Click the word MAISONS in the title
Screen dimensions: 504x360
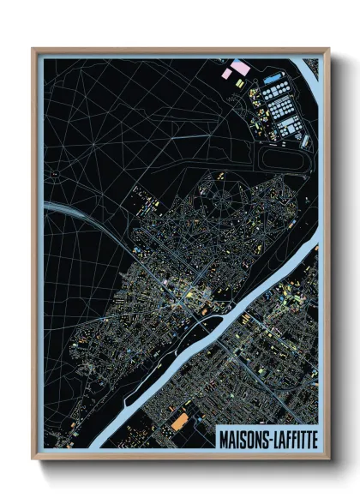coord(243,438)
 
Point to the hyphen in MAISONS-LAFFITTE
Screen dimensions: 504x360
coord(266,438)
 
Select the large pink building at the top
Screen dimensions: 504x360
coord(241,66)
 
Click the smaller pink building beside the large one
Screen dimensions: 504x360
coord(226,74)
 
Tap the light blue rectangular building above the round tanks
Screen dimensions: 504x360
coord(273,80)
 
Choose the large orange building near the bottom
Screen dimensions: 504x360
coord(179,422)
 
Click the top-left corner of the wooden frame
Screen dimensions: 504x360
coord(33,49)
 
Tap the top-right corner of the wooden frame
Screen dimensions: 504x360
coord(328,49)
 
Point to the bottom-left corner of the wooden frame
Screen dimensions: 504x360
coord(33,459)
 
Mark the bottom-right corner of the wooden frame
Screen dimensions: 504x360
coord(328,459)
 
